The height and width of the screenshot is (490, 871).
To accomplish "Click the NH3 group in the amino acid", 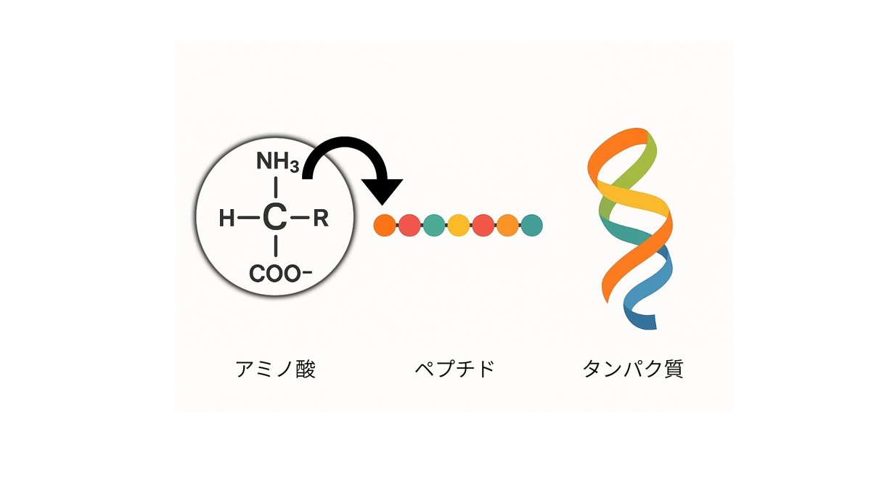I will pyautogui.click(x=277, y=163).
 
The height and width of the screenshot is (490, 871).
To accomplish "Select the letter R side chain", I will pyautogui.click(x=320, y=218).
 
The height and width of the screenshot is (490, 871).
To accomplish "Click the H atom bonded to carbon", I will pyautogui.click(x=227, y=218).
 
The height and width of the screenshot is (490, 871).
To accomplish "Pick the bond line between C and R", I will pyautogui.click(x=299, y=218).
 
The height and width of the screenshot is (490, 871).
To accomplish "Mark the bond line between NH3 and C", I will pyautogui.click(x=275, y=186).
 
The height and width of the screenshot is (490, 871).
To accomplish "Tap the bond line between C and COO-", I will pyautogui.click(x=275, y=249).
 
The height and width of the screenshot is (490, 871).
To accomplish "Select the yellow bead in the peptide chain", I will pyautogui.click(x=458, y=225).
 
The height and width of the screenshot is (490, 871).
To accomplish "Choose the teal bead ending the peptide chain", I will pyautogui.click(x=532, y=225).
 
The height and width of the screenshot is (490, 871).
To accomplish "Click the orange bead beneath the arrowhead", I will pyautogui.click(x=384, y=225).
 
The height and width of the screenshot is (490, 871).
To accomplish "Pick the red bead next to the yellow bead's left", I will pyautogui.click(x=409, y=225).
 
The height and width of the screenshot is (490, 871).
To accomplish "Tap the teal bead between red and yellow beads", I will pyautogui.click(x=433, y=225).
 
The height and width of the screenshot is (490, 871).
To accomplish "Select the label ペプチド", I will pyautogui.click(x=454, y=369).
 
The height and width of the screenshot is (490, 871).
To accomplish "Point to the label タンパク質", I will pyautogui.click(x=632, y=369).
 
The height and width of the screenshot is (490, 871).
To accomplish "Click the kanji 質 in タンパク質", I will pyautogui.click(x=671, y=369).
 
